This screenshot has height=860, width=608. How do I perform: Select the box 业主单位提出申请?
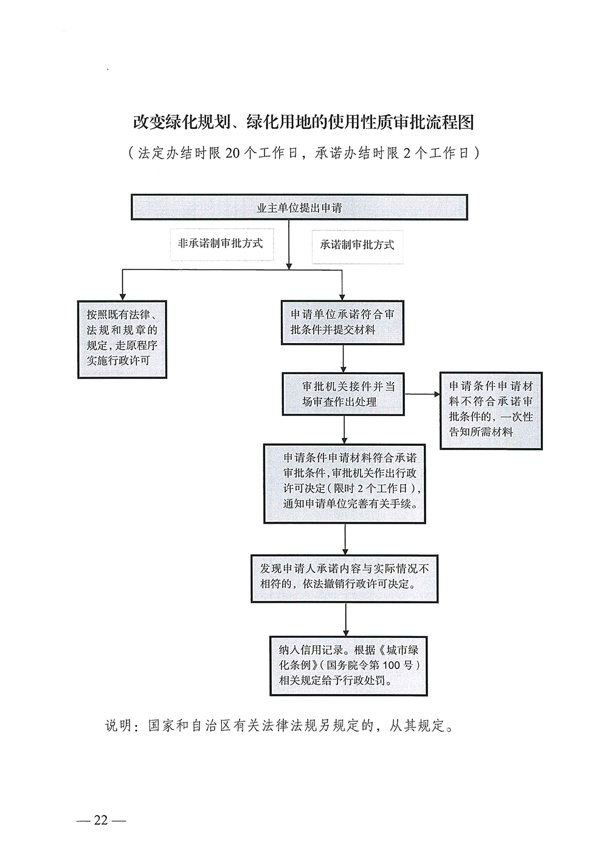pos(299,207)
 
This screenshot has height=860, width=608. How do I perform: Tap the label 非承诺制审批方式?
pos(220,243)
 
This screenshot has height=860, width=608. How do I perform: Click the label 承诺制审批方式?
pos(357,244)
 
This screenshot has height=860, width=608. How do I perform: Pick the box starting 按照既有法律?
pos(122,339)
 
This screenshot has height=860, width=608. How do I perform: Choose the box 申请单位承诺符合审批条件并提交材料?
pos(342,322)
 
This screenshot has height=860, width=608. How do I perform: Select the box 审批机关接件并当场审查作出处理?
pos(344,394)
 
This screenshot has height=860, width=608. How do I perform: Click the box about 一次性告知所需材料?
pos(491,410)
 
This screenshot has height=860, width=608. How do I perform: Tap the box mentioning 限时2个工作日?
pos(344,483)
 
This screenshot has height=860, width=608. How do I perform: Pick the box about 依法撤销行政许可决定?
pos(345,577)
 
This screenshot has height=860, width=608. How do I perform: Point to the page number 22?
pos(101,820)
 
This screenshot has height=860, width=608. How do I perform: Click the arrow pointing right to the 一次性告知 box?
pos(423,394)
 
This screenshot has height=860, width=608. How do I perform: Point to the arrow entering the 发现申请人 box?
pos(345,538)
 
